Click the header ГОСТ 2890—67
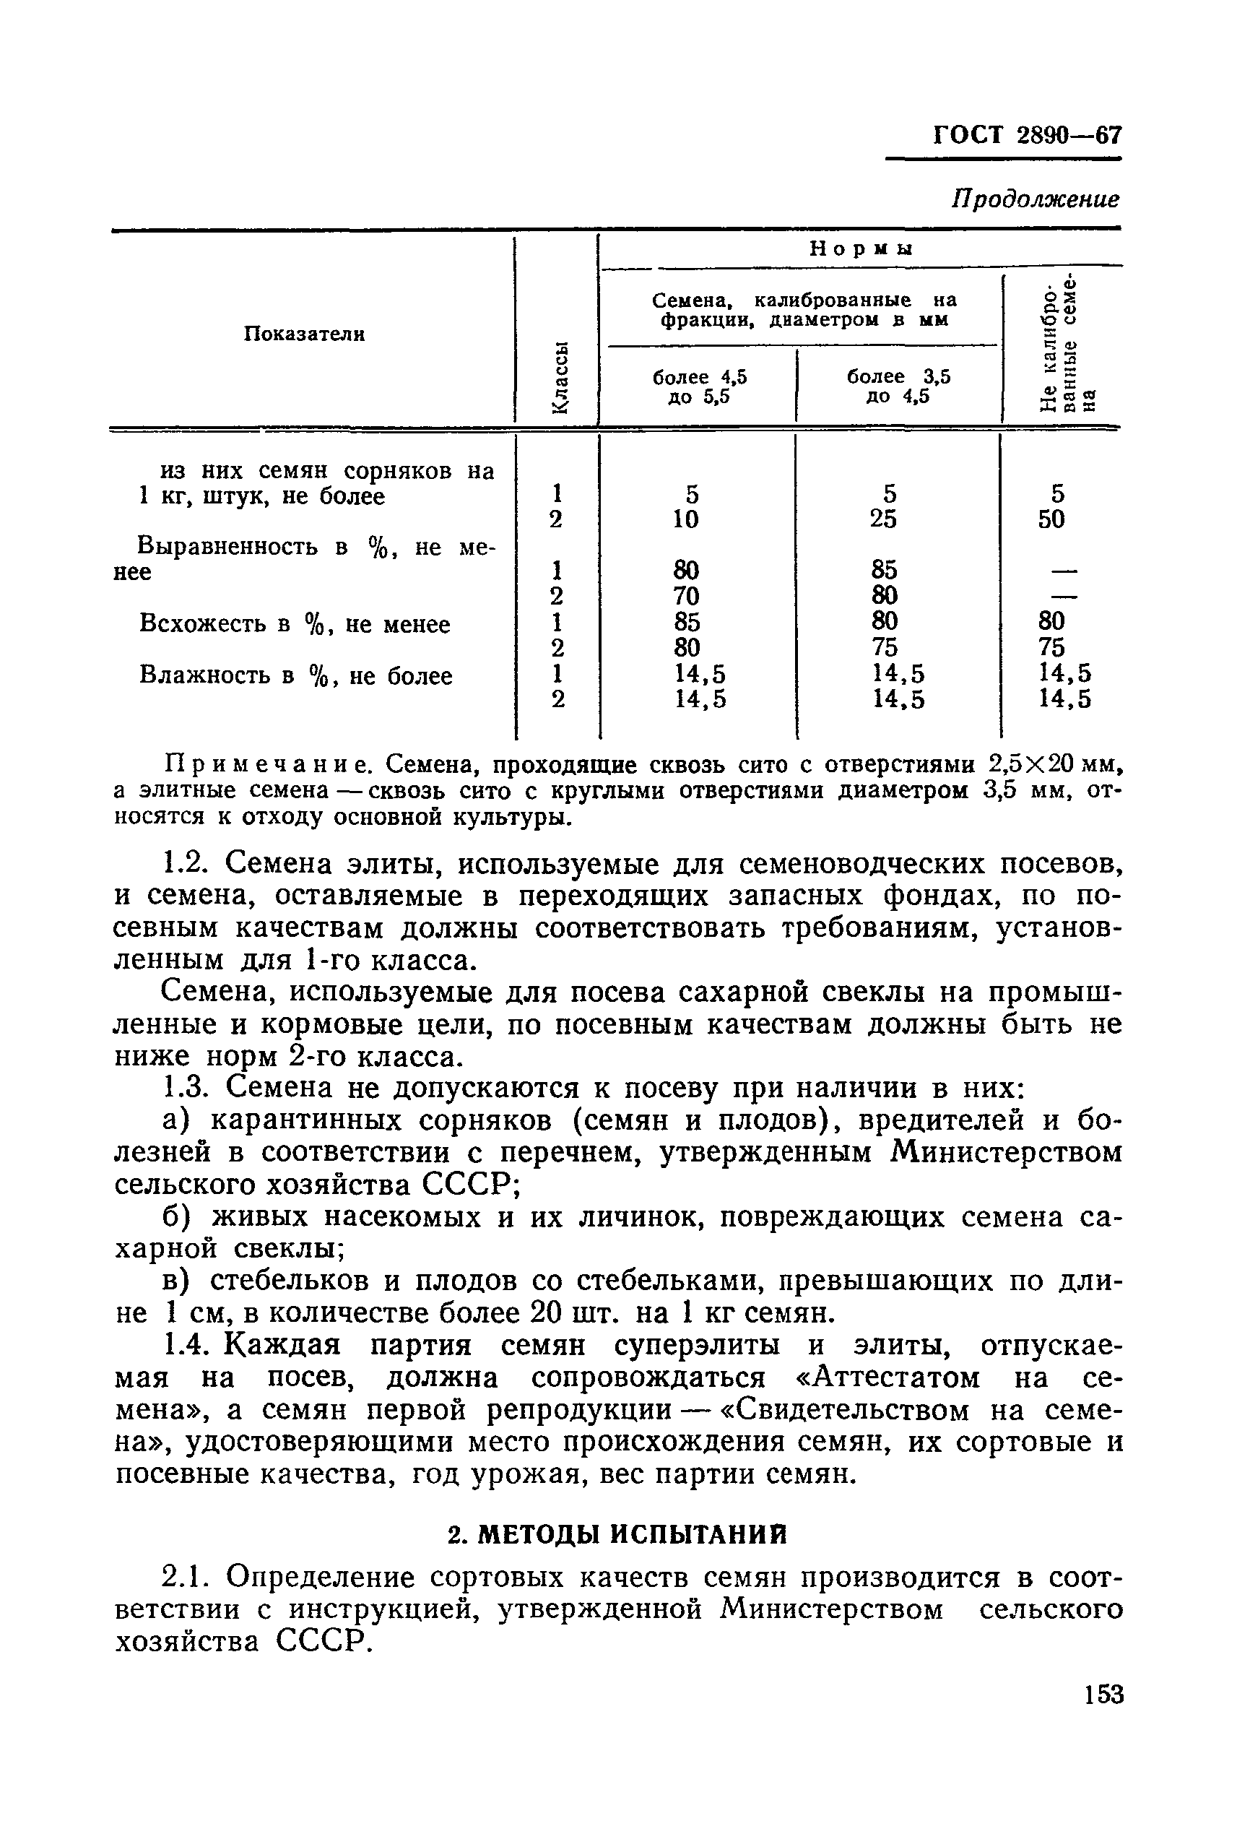(x=1026, y=135)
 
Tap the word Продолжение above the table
(x=1035, y=199)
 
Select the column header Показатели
(x=304, y=334)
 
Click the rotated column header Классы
(x=557, y=376)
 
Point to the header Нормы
(x=861, y=248)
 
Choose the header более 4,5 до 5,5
(x=699, y=386)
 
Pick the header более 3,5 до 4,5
(x=898, y=386)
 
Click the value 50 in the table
(x=1051, y=519)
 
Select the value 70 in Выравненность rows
(x=687, y=595)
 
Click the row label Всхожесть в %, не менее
(x=294, y=623)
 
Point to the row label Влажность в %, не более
(x=296, y=675)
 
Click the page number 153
(x=1102, y=1695)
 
